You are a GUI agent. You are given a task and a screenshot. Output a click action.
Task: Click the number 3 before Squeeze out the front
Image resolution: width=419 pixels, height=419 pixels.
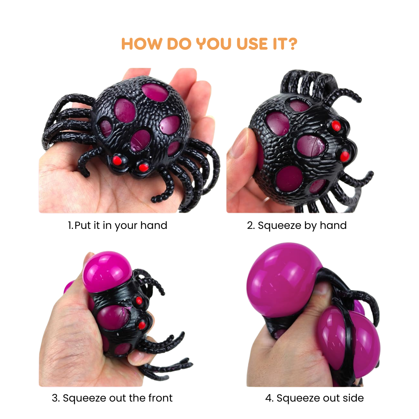55,398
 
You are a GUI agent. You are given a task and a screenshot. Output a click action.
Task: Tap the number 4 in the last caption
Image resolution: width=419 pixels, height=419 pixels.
268,398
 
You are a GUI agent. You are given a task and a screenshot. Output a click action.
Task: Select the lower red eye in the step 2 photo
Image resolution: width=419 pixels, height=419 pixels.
344,156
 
